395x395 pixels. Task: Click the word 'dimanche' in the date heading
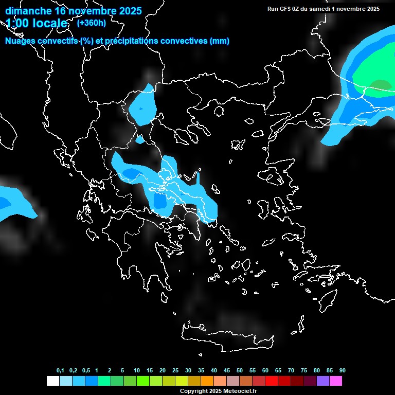28,11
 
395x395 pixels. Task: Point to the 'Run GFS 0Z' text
289,9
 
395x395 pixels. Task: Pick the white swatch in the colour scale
52,381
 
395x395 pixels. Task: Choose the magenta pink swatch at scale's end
335,381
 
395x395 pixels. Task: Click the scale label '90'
343,371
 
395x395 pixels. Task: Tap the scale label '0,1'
60,371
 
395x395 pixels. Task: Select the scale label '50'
240,371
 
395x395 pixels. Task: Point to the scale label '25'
175,371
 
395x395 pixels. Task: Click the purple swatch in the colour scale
322,381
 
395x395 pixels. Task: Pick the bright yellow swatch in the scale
181,381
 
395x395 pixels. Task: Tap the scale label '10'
137,371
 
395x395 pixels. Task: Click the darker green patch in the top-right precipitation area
381,85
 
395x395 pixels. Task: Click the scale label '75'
304,371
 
